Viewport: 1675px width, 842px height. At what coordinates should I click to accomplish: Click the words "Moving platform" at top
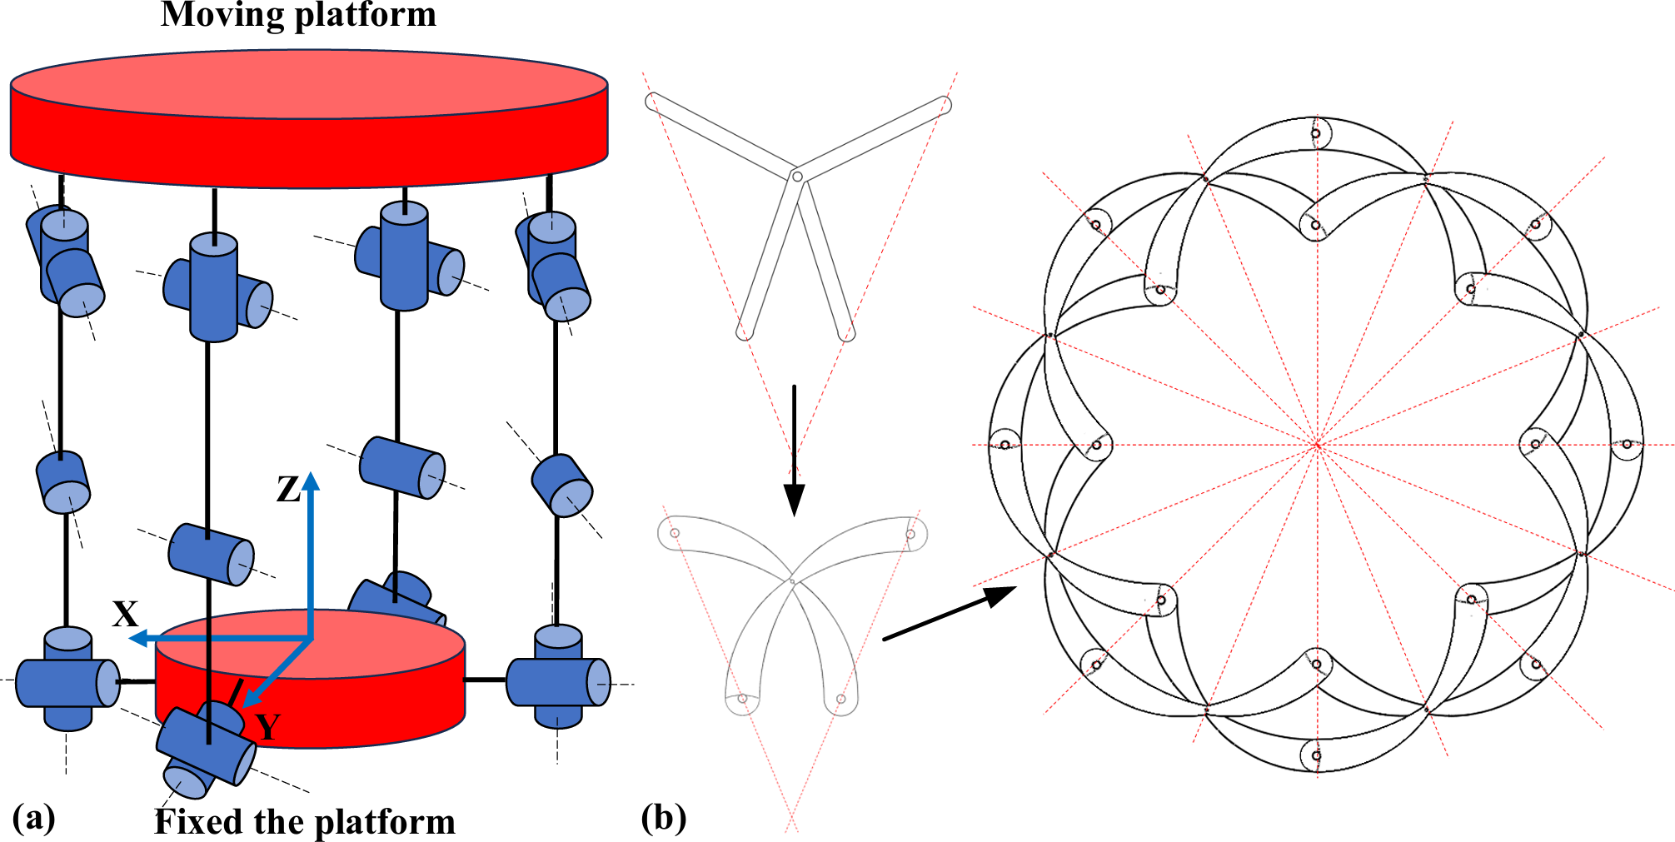point(298,15)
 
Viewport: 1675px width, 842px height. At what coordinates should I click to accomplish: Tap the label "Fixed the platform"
point(305,822)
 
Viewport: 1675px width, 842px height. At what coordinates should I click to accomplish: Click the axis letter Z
point(288,490)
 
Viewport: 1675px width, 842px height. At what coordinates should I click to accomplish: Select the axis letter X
point(126,615)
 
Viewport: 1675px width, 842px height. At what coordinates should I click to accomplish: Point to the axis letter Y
point(267,727)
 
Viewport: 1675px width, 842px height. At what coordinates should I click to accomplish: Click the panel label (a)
point(34,817)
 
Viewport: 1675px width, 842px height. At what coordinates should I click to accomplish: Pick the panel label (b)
point(664,817)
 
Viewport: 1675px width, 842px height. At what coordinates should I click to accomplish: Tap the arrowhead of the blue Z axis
point(311,481)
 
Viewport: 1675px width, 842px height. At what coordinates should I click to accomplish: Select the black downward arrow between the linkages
point(794,450)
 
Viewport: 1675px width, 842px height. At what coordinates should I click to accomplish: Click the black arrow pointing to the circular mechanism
point(950,613)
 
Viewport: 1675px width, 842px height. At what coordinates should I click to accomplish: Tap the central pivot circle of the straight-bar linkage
point(797,177)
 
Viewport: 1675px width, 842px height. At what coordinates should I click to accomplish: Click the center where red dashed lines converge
point(1317,446)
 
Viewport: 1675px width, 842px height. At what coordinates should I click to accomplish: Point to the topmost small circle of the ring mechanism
point(1316,133)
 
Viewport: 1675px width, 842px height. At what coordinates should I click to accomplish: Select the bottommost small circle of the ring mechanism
point(1316,756)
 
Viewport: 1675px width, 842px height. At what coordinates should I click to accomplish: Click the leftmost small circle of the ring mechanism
point(1005,445)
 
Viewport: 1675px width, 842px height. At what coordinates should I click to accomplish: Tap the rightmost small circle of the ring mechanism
point(1627,445)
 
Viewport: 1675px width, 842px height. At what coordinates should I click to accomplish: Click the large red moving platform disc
point(309,117)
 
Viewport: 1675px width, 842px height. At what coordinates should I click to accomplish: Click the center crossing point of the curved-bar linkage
point(792,580)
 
